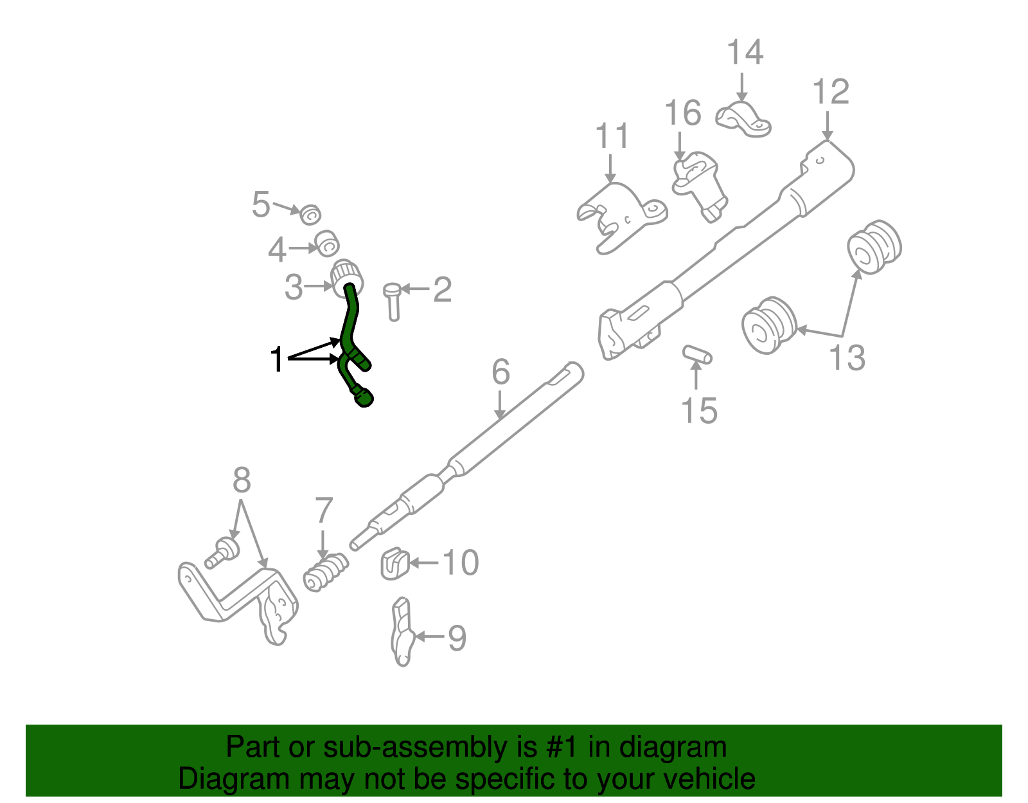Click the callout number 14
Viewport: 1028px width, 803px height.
click(x=744, y=53)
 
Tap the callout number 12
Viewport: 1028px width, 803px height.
click(x=830, y=92)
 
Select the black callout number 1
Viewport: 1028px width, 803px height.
click(x=277, y=359)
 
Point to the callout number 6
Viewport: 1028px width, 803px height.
click(x=501, y=372)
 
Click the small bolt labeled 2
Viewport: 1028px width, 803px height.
click(x=393, y=301)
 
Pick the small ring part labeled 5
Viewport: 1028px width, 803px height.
click(x=311, y=214)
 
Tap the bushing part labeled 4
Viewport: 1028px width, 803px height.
click(x=328, y=243)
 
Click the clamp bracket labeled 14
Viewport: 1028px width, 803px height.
click(x=743, y=120)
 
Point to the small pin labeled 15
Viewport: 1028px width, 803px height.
click(x=697, y=354)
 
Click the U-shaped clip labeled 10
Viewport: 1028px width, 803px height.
click(x=394, y=564)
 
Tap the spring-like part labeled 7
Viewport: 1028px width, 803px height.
click(x=325, y=572)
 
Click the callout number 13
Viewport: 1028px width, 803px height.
click(x=847, y=357)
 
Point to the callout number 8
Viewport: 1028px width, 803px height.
click(x=241, y=480)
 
